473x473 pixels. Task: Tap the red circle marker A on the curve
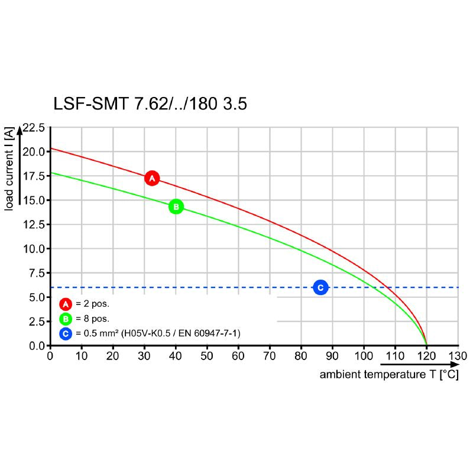pos(152,178)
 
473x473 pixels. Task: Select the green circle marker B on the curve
pos(176,207)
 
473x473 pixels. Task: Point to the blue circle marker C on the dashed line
pos(320,287)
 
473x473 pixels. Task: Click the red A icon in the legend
pos(66,304)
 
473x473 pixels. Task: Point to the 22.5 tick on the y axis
pos(34,127)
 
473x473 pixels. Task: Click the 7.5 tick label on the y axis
pos(36,273)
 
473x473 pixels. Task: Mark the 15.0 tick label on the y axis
pos(34,200)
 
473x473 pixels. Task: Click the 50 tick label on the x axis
pos(207,356)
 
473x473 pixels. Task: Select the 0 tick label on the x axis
pos(50,356)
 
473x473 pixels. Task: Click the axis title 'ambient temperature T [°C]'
pos(389,375)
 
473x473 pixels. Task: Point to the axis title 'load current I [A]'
pos(9,169)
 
